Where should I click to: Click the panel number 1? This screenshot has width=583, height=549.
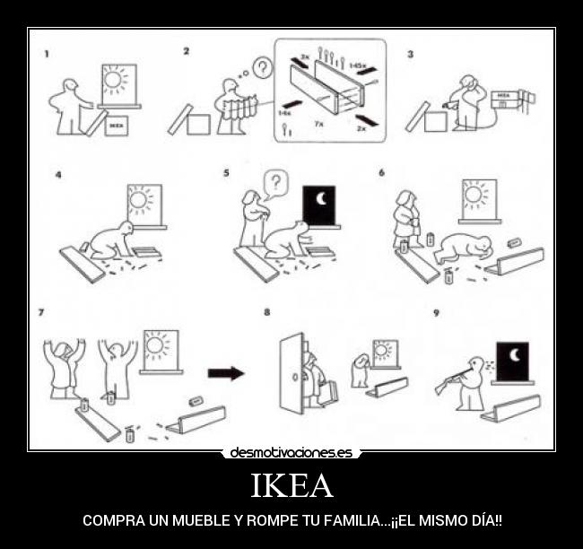pyautogui.click(x=47, y=54)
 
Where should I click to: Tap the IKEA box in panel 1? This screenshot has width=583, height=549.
pyautogui.click(x=115, y=126)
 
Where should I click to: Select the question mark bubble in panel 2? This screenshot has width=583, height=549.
pyautogui.click(x=261, y=66)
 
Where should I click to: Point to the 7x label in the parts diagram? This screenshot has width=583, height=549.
pyautogui.click(x=318, y=124)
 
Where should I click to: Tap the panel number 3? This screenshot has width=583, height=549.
pyautogui.click(x=411, y=54)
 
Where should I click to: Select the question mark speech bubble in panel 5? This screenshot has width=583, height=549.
pyautogui.click(x=277, y=184)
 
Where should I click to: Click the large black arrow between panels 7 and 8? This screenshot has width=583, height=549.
pyautogui.click(x=225, y=373)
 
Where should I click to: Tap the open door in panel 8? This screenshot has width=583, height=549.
pyautogui.click(x=291, y=373)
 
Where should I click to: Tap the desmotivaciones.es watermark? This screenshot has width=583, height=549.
pyautogui.click(x=291, y=453)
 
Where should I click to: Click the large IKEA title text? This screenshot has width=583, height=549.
pyautogui.click(x=291, y=486)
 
